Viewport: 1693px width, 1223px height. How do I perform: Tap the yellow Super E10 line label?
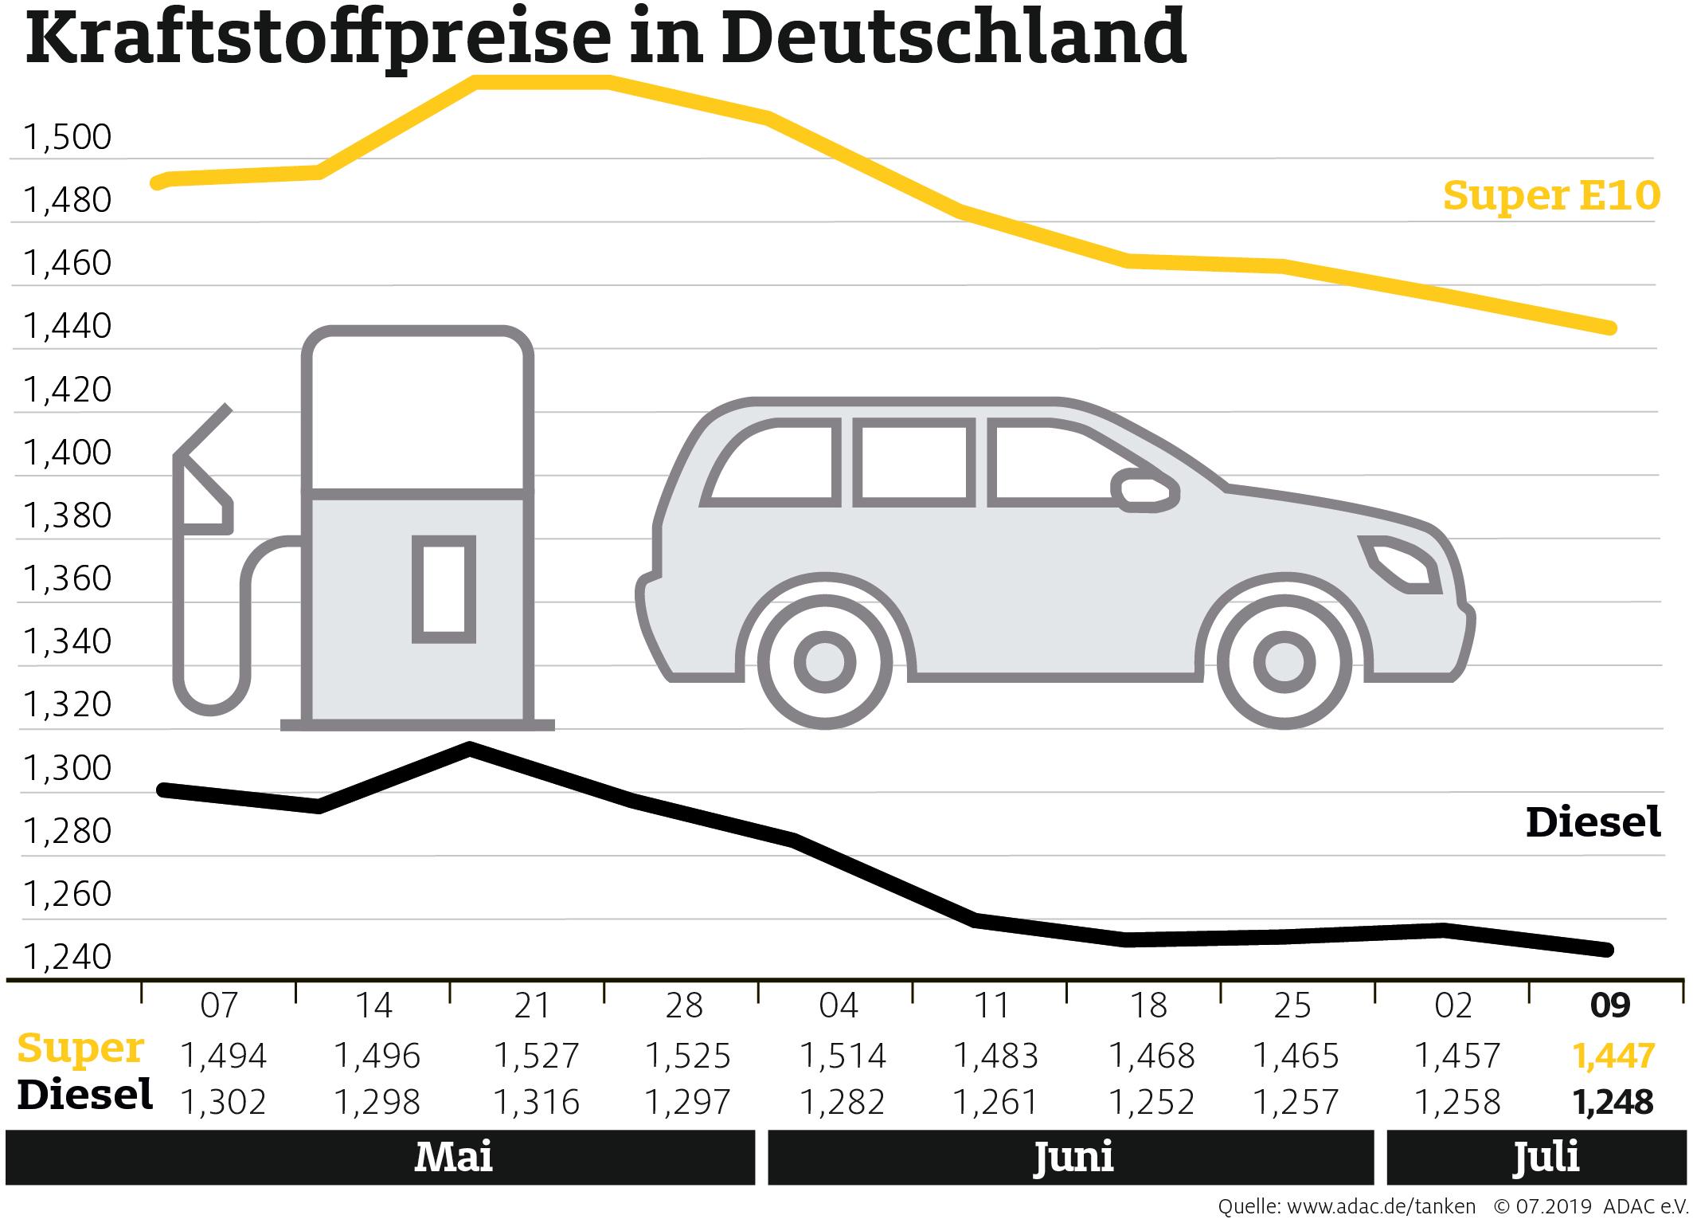tap(1550, 195)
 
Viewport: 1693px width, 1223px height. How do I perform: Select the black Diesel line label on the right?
tap(1593, 822)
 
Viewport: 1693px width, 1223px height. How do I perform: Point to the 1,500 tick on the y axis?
tap(68, 138)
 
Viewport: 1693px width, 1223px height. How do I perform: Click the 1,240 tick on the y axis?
tap(68, 957)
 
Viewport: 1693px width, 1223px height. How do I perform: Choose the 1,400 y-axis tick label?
tap(68, 453)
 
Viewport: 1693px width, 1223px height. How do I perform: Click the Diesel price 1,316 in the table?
tap(535, 1103)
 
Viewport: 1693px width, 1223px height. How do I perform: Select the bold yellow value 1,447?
tap(1613, 1056)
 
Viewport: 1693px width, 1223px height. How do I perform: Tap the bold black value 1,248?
tap(1613, 1103)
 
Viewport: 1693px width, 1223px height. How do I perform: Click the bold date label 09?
tap(1609, 1006)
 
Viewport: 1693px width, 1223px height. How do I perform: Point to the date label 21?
tap(532, 1006)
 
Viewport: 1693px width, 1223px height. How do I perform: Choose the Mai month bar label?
tap(453, 1157)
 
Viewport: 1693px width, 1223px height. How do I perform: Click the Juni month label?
tap(1073, 1157)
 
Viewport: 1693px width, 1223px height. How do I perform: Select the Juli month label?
tap(1546, 1157)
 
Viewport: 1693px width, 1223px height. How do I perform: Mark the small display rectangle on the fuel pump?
tap(444, 589)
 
